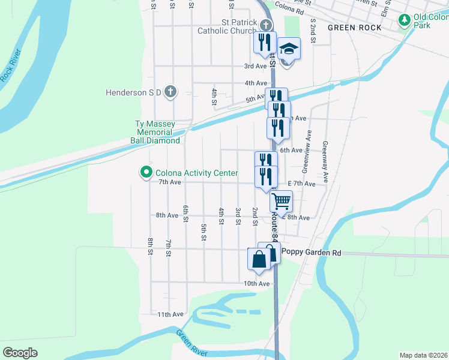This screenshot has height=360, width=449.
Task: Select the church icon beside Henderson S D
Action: pos(170,92)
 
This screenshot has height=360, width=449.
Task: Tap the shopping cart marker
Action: pos(281,201)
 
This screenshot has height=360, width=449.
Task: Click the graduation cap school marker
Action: pos(289,49)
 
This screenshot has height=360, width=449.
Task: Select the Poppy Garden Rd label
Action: pos(311,253)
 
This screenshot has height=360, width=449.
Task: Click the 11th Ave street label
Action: pos(170,314)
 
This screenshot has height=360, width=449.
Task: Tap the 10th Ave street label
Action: pos(256,283)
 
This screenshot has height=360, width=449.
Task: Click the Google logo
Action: pos(20,353)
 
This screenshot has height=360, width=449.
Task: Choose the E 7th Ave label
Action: pos(301,184)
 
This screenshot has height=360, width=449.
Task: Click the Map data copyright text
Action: pos(423,355)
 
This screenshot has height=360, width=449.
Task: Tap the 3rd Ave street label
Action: pos(255,66)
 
